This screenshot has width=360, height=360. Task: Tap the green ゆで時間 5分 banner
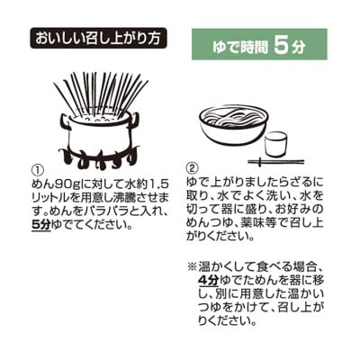pos(259,43)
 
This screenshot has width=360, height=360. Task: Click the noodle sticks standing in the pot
pos(99,94)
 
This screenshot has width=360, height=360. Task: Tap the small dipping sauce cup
pos(276,143)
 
